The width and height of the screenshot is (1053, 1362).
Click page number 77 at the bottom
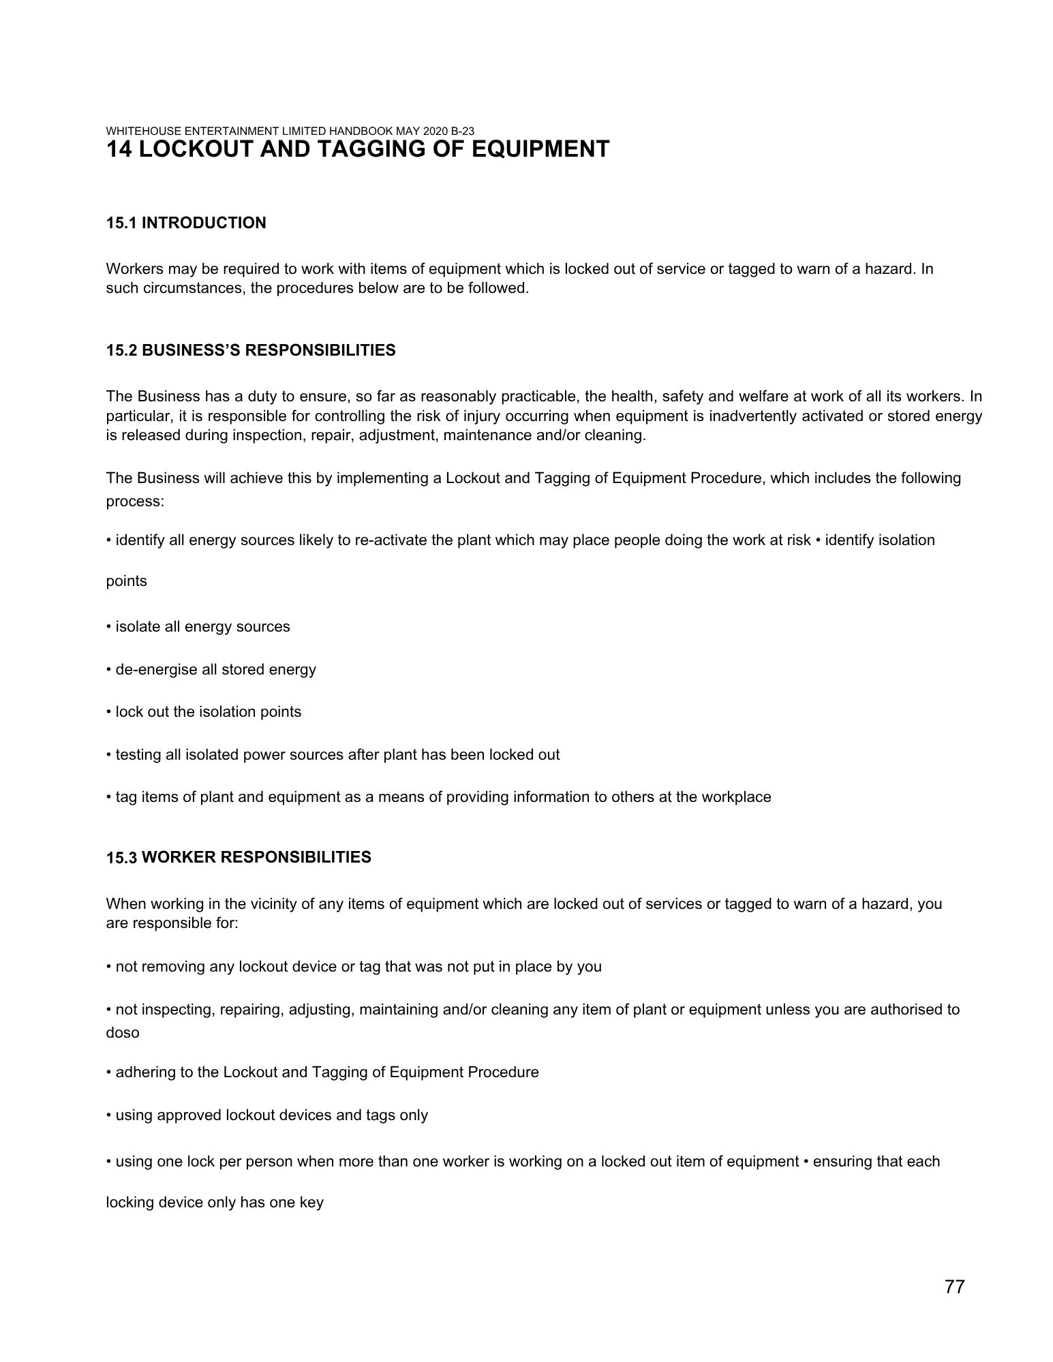click(954, 1286)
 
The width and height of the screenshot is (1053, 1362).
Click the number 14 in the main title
click(119, 149)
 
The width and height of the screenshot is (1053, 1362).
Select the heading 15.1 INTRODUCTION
click(186, 223)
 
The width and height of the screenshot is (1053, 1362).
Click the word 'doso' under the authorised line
click(123, 1033)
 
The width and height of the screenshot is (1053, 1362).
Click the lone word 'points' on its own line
click(127, 581)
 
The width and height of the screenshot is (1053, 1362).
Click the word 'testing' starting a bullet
click(139, 754)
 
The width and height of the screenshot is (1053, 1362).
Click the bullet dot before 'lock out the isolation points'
click(109, 712)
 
